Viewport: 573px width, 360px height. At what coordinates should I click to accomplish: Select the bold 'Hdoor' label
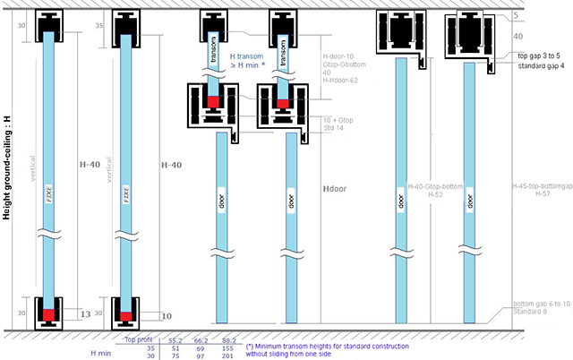click(x=333, y=191)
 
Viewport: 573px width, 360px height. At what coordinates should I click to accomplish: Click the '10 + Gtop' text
click(x=338, y=119)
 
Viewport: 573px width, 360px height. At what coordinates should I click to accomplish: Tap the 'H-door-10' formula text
click(x=338, y=55)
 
